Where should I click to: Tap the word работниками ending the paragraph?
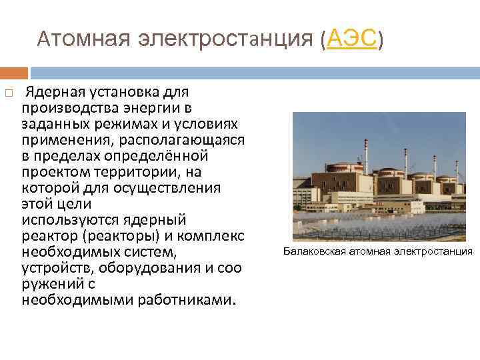click(185, 300)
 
